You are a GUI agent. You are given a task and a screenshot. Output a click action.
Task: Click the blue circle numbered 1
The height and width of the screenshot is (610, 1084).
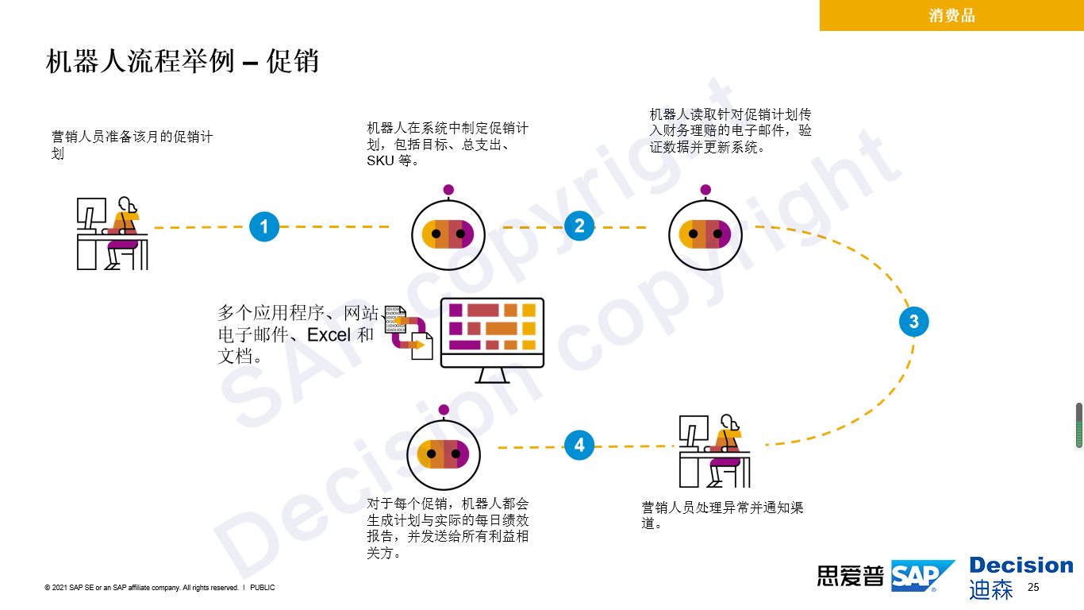pos(264,227)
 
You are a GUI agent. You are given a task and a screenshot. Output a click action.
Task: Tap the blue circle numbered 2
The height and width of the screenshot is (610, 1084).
pos(579,226)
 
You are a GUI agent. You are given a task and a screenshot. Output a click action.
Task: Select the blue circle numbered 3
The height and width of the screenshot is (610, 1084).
pos(914,322)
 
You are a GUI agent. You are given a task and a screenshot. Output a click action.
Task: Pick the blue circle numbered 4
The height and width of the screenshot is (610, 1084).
pos(579,446)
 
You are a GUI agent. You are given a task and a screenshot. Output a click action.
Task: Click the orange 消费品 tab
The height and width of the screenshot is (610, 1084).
pos(951,15)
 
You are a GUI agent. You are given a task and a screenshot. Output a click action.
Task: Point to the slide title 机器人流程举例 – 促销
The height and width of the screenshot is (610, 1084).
pos(183,61)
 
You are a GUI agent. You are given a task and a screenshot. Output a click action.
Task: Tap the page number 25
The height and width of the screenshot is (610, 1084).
pos(1033,588)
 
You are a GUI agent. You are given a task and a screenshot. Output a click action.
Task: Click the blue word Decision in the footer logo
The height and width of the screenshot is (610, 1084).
pos(1021,566)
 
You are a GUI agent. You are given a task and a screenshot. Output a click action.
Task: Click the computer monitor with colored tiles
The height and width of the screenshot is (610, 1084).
pos(492,338)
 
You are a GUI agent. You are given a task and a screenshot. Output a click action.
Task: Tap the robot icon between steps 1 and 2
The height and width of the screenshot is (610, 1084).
pos(448,234)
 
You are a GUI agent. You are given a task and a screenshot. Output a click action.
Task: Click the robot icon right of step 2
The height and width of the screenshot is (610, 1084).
pos(705,234)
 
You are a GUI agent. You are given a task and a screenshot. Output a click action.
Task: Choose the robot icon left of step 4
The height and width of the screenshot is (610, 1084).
pos(444,454)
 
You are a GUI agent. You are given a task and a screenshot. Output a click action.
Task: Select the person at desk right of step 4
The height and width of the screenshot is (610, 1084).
pos(714,450)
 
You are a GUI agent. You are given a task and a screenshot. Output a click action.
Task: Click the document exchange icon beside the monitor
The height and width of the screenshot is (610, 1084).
pos(409,333)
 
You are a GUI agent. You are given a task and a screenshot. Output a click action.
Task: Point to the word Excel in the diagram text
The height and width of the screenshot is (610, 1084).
pos(329,335)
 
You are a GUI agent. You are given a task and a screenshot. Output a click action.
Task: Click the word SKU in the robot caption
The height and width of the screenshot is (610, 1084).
pos(380,160)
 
